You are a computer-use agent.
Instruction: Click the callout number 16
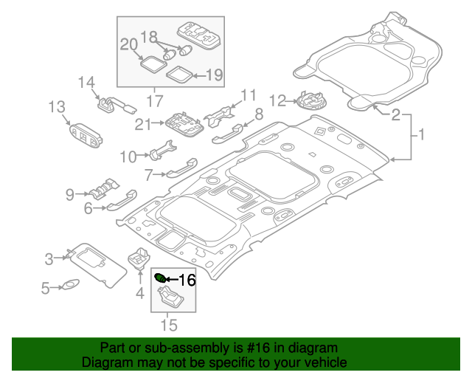[187, 280]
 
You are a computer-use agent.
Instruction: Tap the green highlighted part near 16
[160, 278]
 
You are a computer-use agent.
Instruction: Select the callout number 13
[58, 109]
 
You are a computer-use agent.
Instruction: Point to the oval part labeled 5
[70, 284]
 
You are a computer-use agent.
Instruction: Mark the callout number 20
[129, 45]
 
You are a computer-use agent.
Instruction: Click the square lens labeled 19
[177, 73]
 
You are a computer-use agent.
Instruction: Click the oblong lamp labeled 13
[86, 134]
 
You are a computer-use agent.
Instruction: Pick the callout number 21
[143, 124]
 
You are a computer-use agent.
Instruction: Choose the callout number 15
[169, 324]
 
